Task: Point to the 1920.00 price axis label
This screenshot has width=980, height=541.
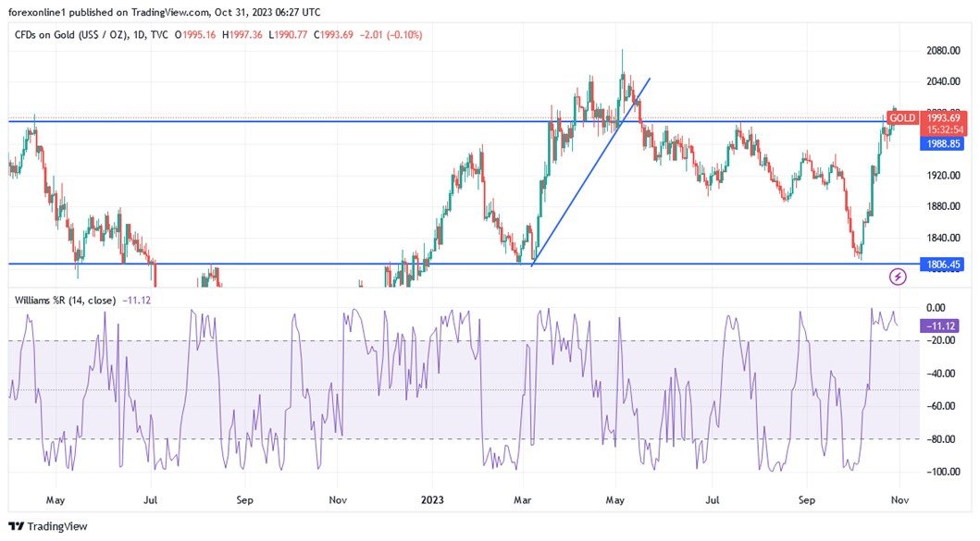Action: point(943,176)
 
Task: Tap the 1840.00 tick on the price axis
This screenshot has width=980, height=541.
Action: point(943,239)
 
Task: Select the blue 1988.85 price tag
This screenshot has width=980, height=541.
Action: point(943,144)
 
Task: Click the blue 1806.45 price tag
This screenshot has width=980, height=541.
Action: point(943,264)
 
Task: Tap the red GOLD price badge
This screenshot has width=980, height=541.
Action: point(902,118)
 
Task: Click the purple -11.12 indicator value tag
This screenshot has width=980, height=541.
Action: point(942,326)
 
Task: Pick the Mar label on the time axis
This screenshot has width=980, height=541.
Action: point(522,500)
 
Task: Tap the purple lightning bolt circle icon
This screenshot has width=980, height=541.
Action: point(897,276)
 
